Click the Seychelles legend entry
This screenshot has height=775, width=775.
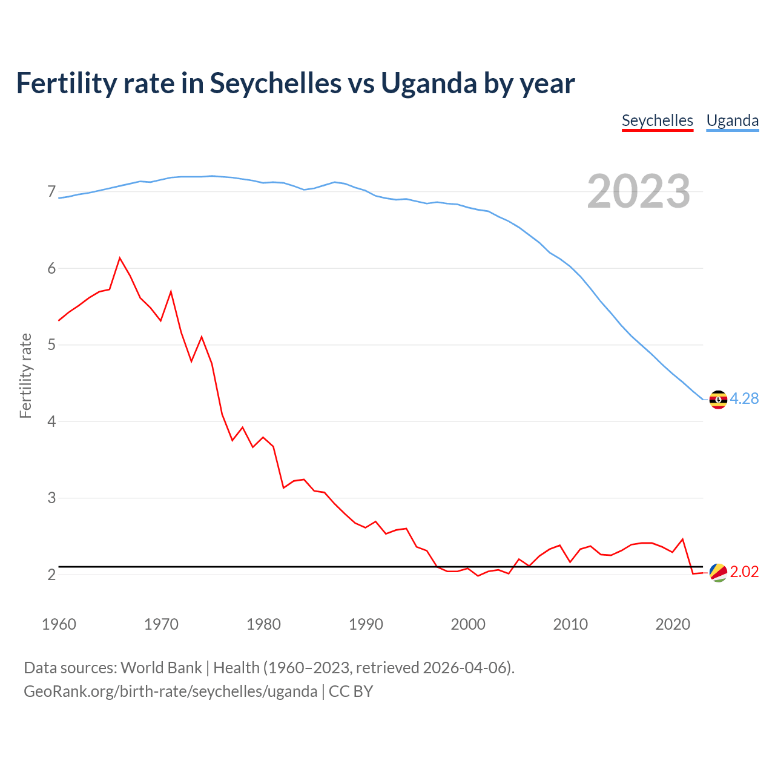(x=657, y=120)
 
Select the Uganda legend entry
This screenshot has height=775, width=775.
(x=732, y=120)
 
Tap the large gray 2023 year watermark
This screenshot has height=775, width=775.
(x=638, y=191)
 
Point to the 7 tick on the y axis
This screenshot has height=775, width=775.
(x=51, y=192)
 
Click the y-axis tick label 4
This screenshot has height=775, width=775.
(x=51, y=421)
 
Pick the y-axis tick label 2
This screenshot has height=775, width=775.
(x=51, y=575)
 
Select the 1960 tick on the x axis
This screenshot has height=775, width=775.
(x=59, y=624)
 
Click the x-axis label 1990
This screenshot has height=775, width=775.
(x=366, y=624)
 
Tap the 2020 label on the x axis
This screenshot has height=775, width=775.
(x=673, y=624)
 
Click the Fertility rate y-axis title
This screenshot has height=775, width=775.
(x=25, y=375)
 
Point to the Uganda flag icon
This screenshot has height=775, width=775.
(x=718, y=399)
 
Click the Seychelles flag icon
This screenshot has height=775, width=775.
(x=718, y=572)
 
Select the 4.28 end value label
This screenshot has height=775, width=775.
(x=744, y=398)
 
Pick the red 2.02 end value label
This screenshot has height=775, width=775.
(x=744, y=572)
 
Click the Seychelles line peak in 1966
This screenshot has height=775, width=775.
(x=120, y=258)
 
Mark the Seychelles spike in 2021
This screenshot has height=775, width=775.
(x=682, y=539)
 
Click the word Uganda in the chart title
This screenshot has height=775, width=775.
(x=429, y=84)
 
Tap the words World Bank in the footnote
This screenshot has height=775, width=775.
(x=161, y=668)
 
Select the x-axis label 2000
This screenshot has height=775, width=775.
(x=468, y=624)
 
